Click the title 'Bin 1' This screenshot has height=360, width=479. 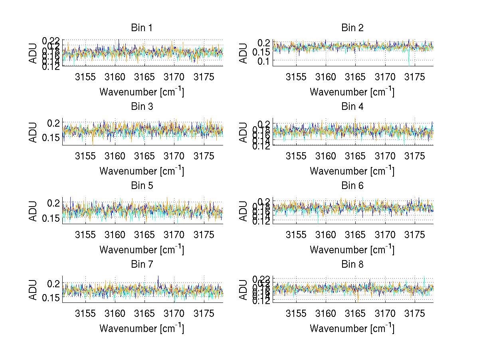point(142,28)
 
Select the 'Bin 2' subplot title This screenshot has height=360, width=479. point(352,28)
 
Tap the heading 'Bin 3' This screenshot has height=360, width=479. point(142,107)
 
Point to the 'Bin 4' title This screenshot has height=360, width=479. point(352,107)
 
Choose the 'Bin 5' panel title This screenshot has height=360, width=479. point(142,186)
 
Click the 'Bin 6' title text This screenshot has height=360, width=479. point(352,186)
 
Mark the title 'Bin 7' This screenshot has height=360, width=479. point(142,265)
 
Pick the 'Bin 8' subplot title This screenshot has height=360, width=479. point(352,265)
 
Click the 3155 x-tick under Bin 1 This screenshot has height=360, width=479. point(85,77)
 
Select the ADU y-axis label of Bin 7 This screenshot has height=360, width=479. point(33,290)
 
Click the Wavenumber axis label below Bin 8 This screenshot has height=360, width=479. point(352,328)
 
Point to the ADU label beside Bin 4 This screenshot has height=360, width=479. point(243,132)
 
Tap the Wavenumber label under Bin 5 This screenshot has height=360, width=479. point(142,249)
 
